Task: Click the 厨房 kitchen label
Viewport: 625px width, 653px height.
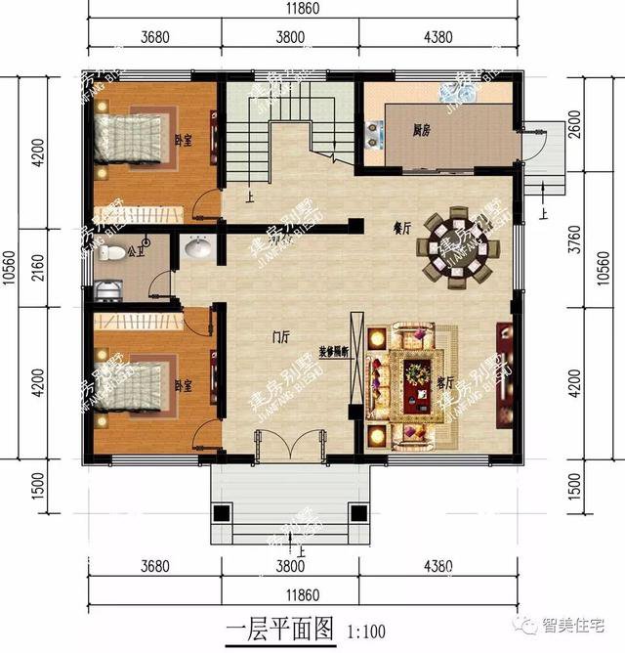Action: (x=422, y=129)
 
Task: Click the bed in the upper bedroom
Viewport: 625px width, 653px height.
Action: (x=132, y=143)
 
